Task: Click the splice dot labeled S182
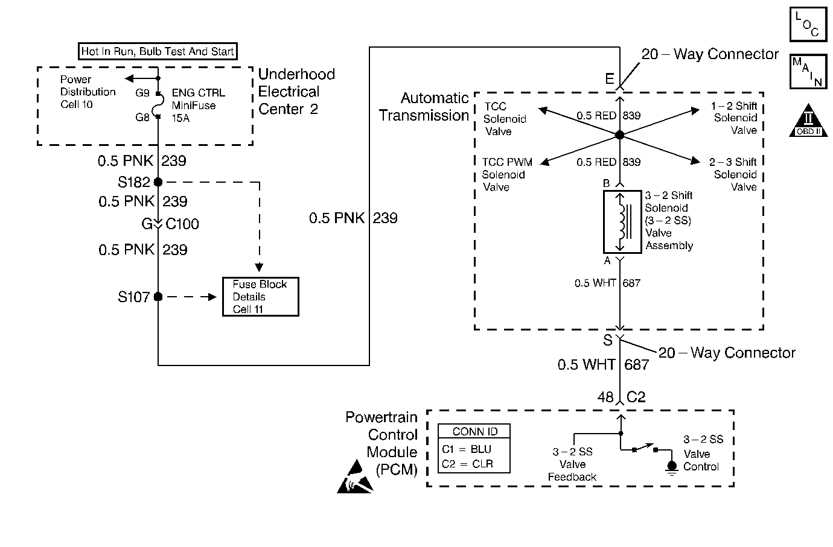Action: click(x=158, y=182)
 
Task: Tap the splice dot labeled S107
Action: click(x=158, y=297)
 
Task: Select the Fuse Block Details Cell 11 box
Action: click(x=260, y=297)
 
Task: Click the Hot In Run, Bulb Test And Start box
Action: click(x=158, y=51)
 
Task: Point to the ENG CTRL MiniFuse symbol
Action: click(x=158, y=106)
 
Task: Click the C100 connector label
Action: click(x=182, y=224)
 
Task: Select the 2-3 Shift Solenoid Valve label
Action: click(x=733, y=174)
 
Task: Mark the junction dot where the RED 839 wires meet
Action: click(x=619, y=135)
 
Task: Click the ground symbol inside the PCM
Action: click(x=672, y=467)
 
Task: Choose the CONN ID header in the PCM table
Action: click(x=475, y=431)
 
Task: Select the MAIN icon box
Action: click(x=808, y=71)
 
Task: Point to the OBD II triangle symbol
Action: click(x=808, y=121)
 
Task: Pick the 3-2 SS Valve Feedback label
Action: click(x=572, y=464)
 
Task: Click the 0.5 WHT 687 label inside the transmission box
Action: click(x=607, y=283)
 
